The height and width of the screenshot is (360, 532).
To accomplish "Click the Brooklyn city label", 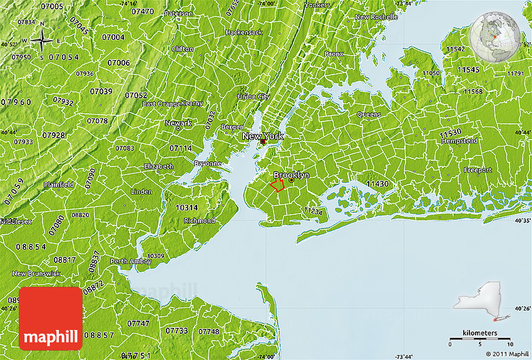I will point(291,175).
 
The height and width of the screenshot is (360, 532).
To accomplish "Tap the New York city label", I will point(263,136).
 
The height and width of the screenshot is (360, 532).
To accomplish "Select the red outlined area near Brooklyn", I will point(277,184).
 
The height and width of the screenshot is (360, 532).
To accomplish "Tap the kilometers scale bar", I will point(480,339).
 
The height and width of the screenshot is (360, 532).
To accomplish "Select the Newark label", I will point(178,123).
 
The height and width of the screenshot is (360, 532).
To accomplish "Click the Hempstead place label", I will point(459,141).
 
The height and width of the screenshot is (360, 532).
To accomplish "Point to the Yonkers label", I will point(317,4).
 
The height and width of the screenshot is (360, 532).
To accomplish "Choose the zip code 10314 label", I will point(187,207).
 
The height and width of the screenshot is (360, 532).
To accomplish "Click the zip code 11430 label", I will point(377,184).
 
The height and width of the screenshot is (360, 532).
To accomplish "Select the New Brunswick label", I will point(36,274).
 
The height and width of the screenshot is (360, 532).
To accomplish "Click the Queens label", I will point(369,115).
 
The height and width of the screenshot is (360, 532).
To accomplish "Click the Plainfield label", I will point(58,185).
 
